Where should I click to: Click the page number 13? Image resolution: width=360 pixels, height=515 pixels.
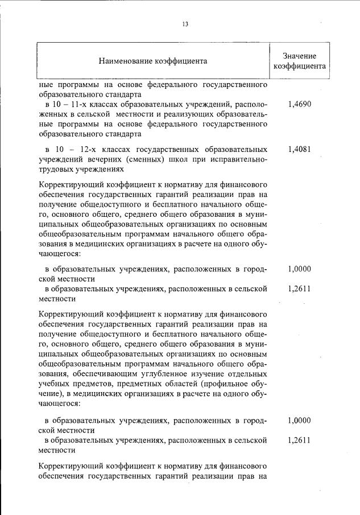click(x=185, y=24)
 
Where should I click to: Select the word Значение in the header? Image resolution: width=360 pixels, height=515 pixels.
click(x=299, y=55)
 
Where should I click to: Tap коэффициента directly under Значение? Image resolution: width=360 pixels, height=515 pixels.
click(x=299, y=66)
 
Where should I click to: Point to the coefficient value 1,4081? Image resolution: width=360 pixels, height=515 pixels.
click(x=299, y=149)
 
